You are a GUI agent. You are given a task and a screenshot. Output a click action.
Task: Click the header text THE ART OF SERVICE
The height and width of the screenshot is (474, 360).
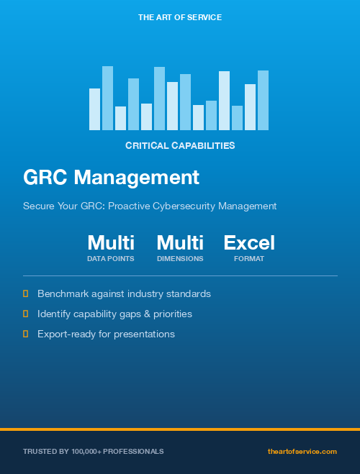179,17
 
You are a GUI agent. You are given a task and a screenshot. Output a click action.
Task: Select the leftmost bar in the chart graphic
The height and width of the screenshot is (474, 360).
94,109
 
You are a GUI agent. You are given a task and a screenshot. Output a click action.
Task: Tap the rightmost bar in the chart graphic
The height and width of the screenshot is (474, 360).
263,101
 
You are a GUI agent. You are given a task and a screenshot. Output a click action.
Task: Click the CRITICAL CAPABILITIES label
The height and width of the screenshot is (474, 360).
180,145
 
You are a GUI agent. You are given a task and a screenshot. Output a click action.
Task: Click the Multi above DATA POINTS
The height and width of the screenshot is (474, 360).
111,242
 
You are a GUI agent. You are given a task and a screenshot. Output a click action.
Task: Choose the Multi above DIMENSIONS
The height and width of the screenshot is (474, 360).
180,242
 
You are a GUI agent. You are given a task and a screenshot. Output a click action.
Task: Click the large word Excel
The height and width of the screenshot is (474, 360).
249,242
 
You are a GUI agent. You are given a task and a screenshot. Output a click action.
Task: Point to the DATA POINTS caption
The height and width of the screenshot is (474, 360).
111,258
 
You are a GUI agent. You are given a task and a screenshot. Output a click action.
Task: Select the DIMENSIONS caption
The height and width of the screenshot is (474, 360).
180,258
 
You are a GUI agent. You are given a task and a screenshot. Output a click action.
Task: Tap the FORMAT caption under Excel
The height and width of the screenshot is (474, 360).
249,258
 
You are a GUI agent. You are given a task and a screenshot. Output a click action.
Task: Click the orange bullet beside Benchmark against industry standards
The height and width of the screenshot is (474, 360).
26,293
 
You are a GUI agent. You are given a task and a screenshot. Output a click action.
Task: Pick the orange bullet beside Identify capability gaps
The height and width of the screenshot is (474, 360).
26,314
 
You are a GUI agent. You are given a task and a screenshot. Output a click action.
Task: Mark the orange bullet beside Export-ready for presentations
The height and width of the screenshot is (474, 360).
26,334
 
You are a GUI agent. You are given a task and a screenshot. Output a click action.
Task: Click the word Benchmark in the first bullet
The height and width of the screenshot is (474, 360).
63,293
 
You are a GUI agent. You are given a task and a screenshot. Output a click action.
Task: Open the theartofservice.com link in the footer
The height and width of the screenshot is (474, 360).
302,451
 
